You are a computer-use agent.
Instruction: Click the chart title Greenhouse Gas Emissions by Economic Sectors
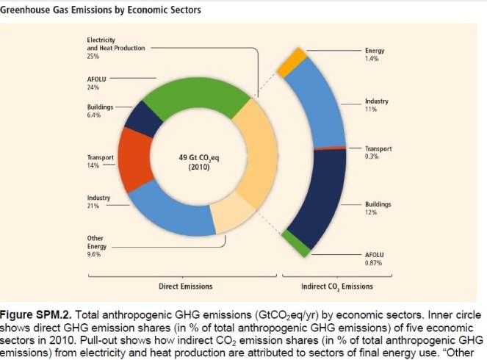point(101,10)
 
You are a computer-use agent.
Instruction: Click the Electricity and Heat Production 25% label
point(116,48)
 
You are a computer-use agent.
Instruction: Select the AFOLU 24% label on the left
point(96,80)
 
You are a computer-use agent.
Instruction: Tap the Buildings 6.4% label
point(99,111)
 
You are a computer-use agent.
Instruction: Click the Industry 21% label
point(98,201)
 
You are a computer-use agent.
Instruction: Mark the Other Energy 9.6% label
point(97,246)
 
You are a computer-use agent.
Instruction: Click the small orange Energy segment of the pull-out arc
point(291,62)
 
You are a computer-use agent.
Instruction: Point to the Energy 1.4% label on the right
point(375,54)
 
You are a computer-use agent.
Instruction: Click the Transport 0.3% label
point(378,152)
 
